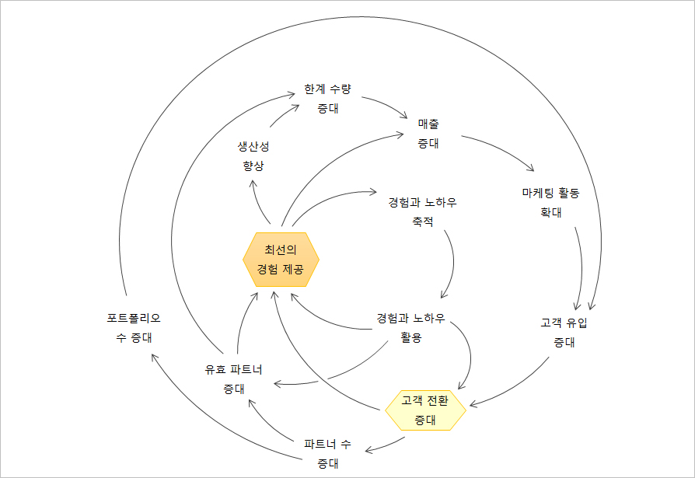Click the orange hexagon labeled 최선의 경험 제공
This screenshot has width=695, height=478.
[281, 260]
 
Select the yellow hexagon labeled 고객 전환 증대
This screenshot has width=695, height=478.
[425, 410]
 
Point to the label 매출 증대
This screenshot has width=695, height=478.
[428, 133]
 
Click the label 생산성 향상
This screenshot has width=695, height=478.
[253, 155]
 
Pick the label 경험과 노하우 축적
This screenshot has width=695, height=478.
[422, 212]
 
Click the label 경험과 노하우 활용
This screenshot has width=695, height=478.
[410, 327]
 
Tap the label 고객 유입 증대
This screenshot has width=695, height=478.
[564, 332]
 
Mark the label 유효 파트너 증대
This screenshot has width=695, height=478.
[233, 379]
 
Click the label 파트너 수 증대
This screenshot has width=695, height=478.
[327, 454]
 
